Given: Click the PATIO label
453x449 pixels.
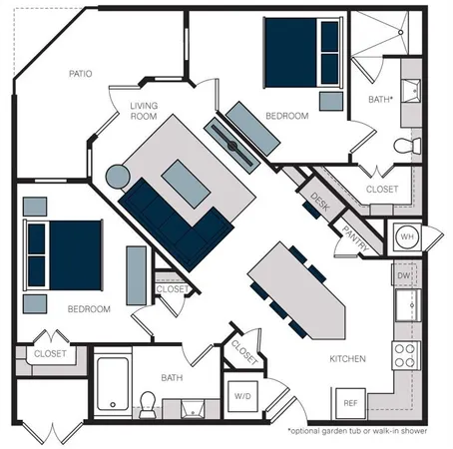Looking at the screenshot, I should tap(81, 74).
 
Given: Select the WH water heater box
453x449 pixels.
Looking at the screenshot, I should tap(408, 237).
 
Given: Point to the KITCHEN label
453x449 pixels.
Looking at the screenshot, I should tap(347, 358).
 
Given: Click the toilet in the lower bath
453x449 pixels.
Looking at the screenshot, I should tap(148, 403).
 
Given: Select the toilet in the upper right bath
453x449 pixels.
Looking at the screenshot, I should tap(403, 147).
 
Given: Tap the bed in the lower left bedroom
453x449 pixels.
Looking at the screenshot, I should tap(65, 255).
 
